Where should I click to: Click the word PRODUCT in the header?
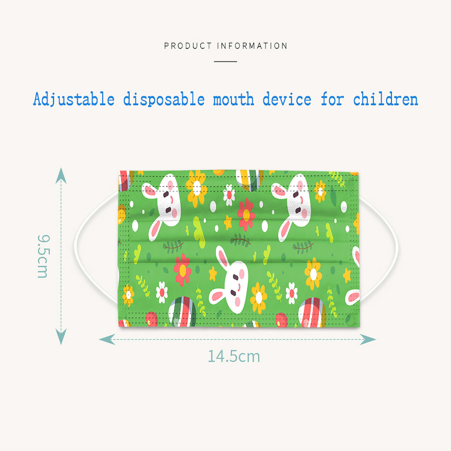point(188,46)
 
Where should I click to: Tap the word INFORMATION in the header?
point(252,46)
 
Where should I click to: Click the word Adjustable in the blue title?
point(74,99)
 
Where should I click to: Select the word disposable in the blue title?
point(164,99)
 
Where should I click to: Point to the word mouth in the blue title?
point(233,100)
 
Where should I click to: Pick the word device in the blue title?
point(287,99)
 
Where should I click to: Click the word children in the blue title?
point(386,99)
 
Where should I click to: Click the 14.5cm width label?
point(234,356)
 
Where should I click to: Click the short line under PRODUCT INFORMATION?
point(225,61)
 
